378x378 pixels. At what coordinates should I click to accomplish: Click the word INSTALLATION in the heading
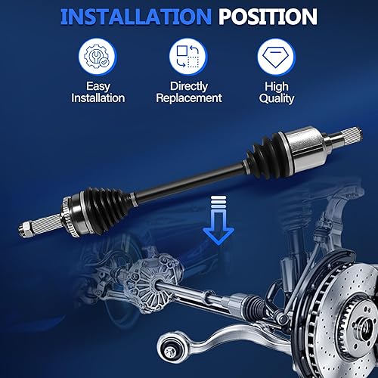coord(128,17)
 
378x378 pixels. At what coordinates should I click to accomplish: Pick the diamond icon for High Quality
coord(277,55)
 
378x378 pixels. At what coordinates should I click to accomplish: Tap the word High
coord(277,86)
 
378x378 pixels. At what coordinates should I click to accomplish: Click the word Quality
coord(277,98)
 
